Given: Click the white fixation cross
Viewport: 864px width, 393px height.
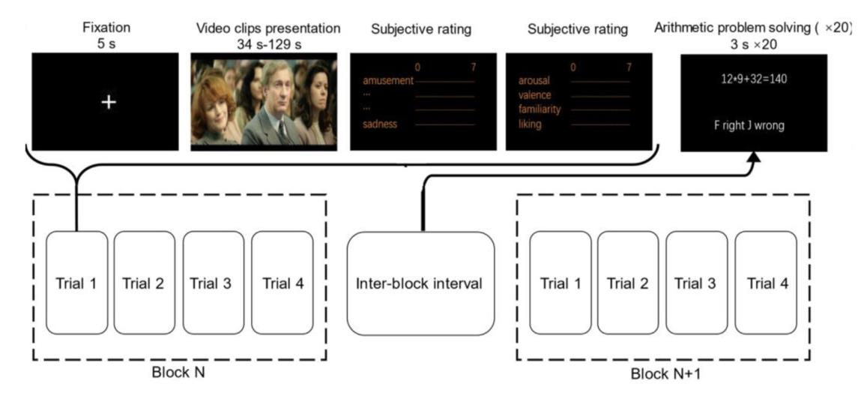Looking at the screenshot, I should point(109,101).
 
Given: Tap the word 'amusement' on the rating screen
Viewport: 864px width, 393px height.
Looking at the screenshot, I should point(388,81).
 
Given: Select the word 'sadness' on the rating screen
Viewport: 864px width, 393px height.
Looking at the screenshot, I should point(380,124).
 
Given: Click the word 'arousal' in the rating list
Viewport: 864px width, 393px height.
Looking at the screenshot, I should point(535,80).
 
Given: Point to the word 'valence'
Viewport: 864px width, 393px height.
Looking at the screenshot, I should point(535,95).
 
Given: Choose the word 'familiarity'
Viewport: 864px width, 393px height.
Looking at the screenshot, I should point(540,109).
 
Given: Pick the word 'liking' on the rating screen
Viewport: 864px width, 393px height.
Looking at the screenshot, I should point(530,124).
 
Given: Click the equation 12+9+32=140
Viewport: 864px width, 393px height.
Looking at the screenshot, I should point(754,78).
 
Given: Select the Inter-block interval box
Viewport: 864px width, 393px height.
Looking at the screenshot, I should point(420,283).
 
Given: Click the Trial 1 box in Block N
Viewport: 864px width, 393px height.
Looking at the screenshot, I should point(76,283).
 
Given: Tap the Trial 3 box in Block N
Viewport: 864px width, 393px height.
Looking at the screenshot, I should point(214,283).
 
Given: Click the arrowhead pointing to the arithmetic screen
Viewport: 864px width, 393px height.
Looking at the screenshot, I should point(755,156).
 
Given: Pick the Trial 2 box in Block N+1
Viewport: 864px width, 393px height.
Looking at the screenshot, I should point(628,283).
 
